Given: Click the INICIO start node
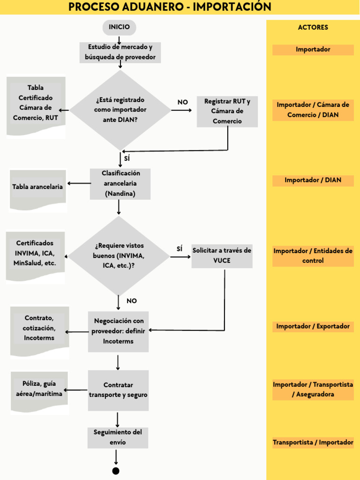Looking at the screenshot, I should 119,28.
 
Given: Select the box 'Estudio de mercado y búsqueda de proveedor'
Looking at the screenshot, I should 120,52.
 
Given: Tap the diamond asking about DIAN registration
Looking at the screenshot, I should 120,110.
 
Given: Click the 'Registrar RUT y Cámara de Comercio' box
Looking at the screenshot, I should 227,111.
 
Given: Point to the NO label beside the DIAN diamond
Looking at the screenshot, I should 182,102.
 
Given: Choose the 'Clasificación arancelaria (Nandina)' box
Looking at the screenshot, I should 120,183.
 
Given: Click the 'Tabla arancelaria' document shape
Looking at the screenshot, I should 37,187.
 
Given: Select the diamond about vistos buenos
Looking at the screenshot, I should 119,256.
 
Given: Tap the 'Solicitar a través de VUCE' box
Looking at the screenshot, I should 222,255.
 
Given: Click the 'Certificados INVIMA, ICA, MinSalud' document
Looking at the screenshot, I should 35,254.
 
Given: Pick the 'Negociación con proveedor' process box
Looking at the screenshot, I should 119,331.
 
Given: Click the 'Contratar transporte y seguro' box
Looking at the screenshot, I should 118,390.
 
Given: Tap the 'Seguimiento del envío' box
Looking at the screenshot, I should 118,437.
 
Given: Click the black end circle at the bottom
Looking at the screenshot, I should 116,471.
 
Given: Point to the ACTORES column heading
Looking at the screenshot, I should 313,28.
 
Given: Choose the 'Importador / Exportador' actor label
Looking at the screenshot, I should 313,326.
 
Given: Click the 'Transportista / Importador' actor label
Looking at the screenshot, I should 313,442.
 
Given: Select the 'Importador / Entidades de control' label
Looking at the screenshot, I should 313,256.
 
